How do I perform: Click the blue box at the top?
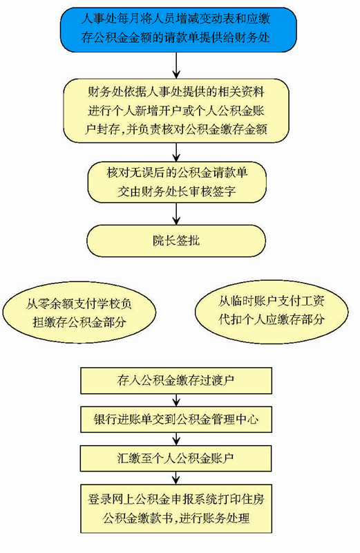point(178,30)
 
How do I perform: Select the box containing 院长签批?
point(176,241)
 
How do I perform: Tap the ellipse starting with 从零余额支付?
point(79,312)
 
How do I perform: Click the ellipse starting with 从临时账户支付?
point(272,311)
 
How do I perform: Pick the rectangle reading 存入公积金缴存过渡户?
point(176,381)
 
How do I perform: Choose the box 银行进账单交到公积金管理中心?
point(176,420)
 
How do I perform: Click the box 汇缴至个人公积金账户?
point(176,458)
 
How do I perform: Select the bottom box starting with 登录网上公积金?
point(176,509)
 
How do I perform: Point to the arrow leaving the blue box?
point(176,65)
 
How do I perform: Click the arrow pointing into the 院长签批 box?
point(176,214)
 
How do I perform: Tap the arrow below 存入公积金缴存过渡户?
point(176,400)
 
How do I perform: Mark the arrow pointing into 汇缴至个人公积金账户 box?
point(176,439)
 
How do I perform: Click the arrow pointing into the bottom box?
point(176,478)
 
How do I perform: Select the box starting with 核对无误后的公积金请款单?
point(177,182)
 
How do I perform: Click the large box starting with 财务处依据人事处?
point(176,111)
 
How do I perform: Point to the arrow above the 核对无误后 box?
point(176,152)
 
